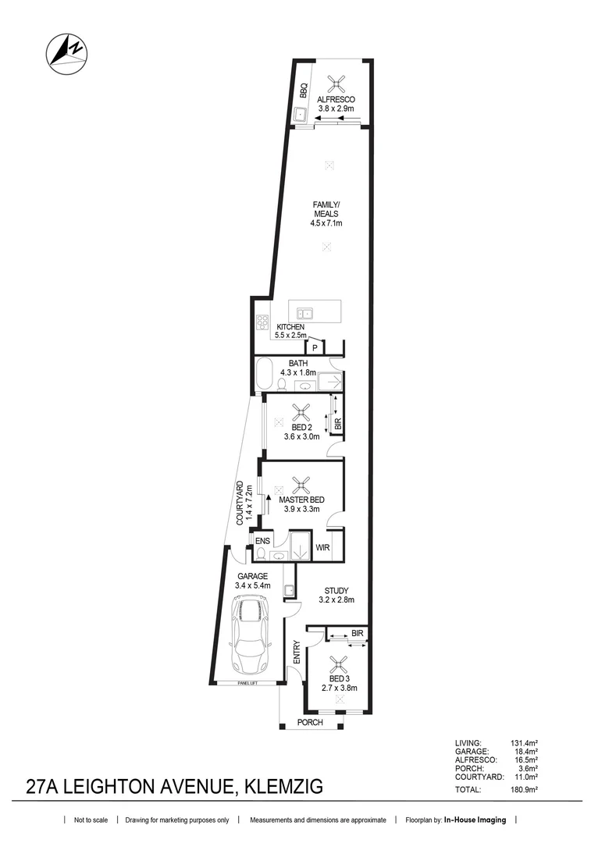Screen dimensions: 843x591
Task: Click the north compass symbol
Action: pyautogui.click(x=67, y=53)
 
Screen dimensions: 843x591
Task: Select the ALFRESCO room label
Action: pyautogui.click(x=336, y=99)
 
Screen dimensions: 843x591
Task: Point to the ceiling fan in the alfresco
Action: pyautogui.click(x=337, y=81)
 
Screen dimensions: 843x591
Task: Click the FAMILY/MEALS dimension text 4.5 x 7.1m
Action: pyautogui.click(x=327, y=223)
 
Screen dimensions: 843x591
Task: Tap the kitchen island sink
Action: pyautogui.click(x=308, y=314)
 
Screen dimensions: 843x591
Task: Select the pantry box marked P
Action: pyautogui.click(x=315, y=347)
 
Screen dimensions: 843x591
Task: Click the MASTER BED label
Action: pyautogui.click(x=301, y=500)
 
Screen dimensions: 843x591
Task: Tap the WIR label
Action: pyautogui.click(x=323, y=548)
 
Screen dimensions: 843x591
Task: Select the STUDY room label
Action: pyautogui.click(x=336, y=590)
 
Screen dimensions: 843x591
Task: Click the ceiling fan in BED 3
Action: pyautogui.click(x=339, y=664)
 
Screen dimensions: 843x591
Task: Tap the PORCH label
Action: pyautogui.click(x=311, y=722)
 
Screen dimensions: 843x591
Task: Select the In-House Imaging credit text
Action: pyautogui.click(x=475, y=820)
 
